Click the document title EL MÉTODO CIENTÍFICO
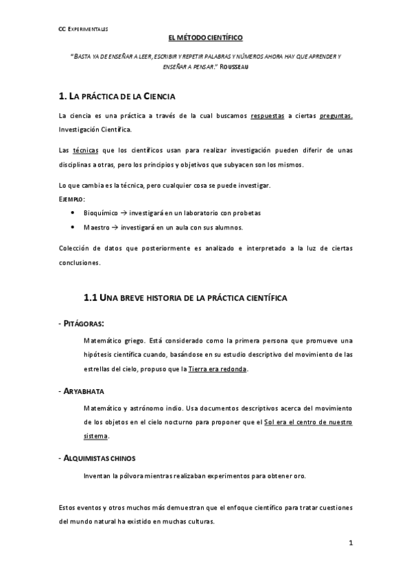205,41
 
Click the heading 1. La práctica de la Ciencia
118,97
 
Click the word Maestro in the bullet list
97,227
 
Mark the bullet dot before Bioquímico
73,212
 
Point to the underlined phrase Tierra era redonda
218,369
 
